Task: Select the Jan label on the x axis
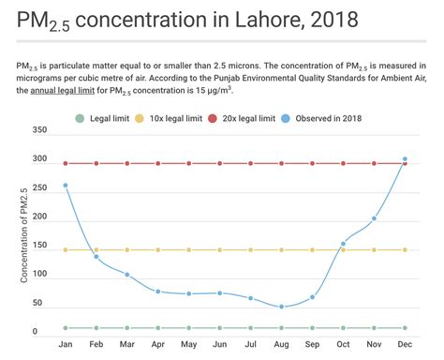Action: pos(66,345)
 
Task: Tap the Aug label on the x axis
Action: pos(281,345)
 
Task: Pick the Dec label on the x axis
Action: pos(405,345)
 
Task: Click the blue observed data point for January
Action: pos(66,185)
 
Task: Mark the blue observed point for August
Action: pos(281,307)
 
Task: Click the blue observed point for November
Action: pos(374,218)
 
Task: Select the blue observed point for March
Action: pos(127,275)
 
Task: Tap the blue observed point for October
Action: pos(343,244)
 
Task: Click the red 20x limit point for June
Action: pos(220,163)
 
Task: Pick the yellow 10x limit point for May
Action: pos(189,250)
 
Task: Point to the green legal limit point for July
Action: pos(251,328)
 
